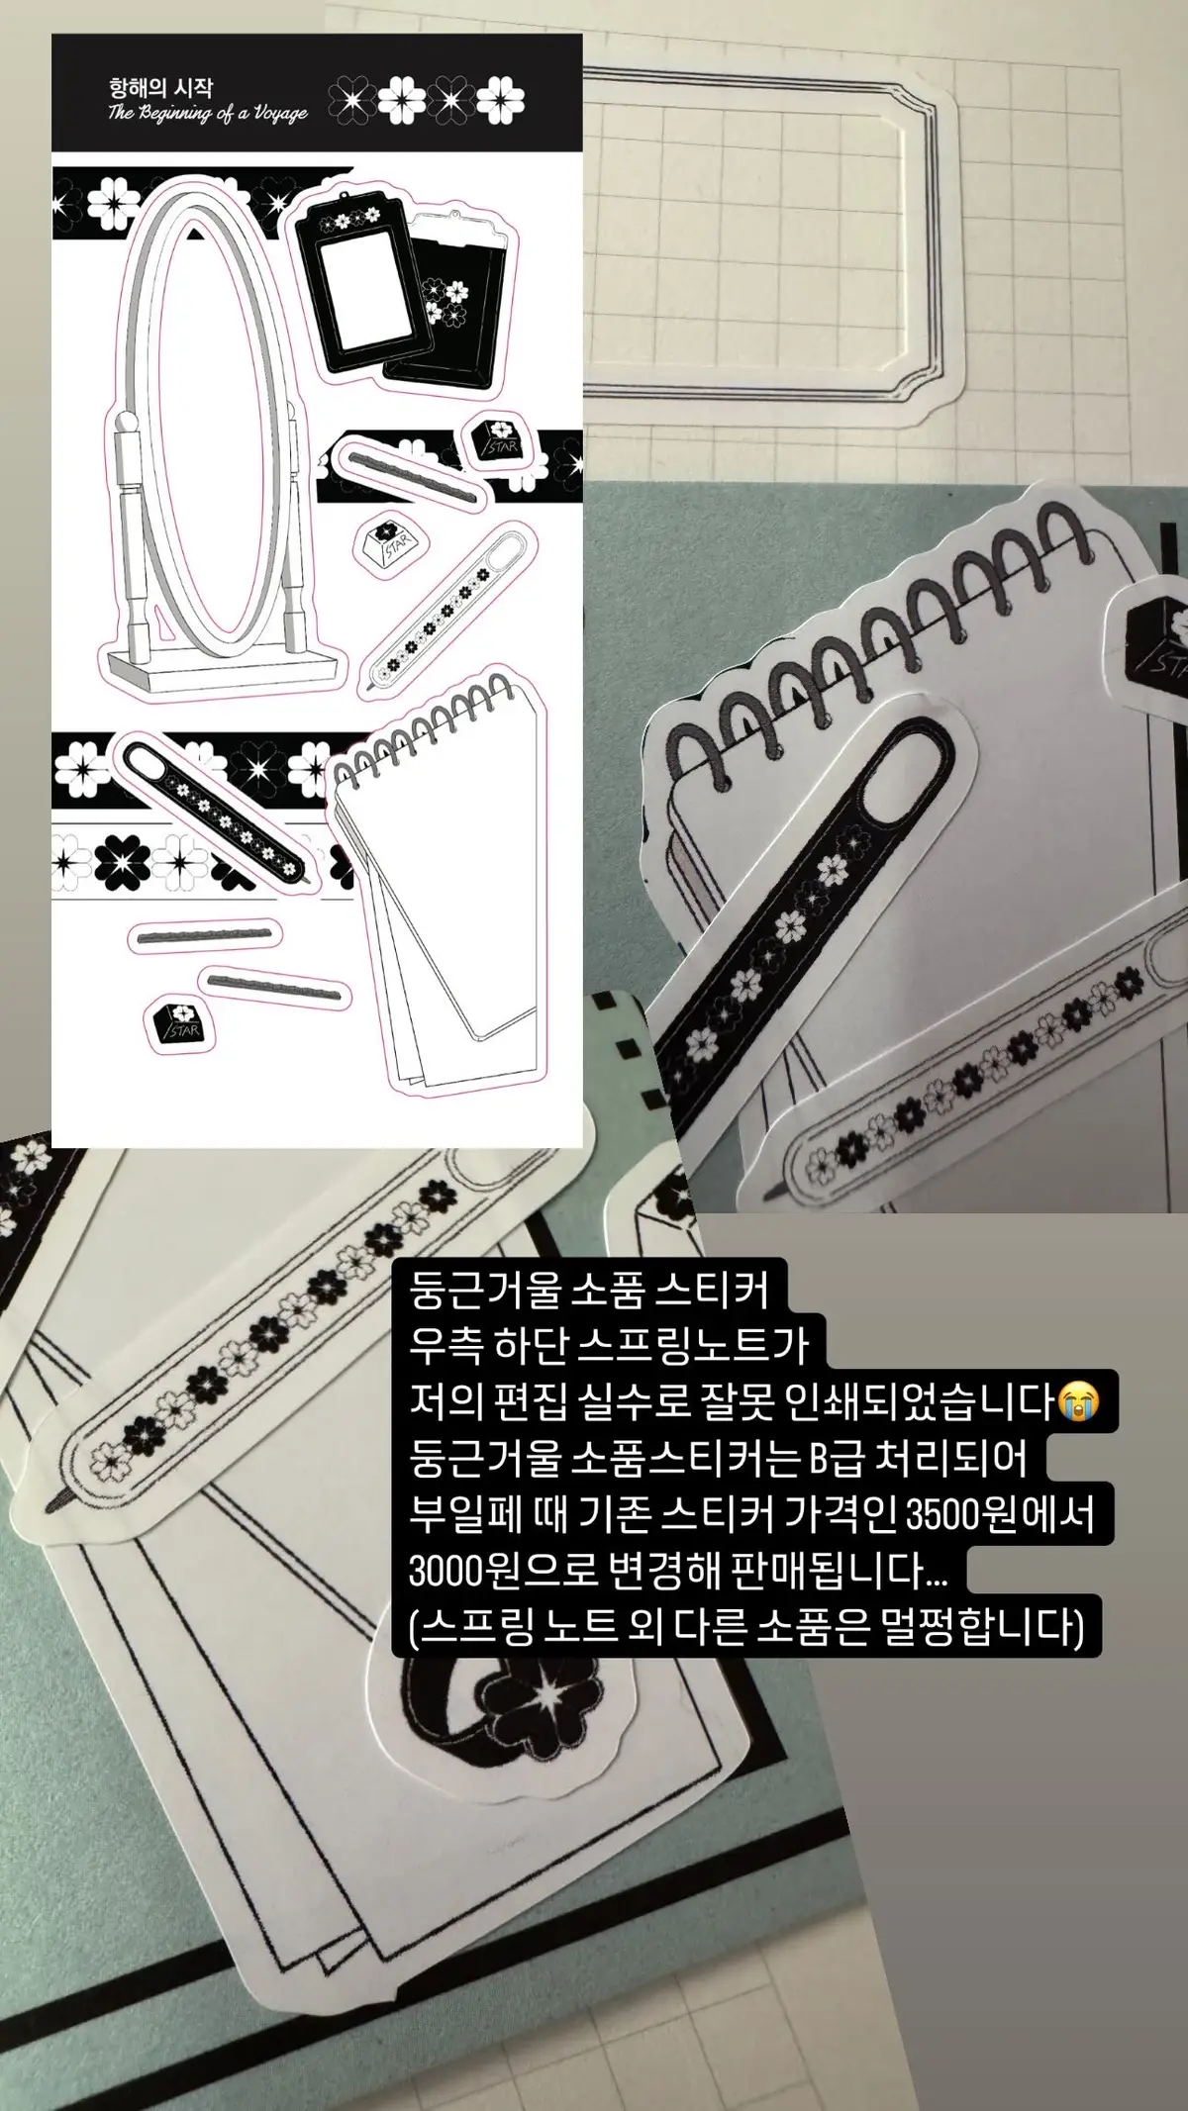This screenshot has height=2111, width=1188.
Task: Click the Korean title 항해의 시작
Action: click(x=160, y=87)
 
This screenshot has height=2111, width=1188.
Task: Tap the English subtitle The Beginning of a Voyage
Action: click(x=208, y=113)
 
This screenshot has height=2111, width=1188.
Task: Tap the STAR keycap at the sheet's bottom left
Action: click(x=178, y=1022)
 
